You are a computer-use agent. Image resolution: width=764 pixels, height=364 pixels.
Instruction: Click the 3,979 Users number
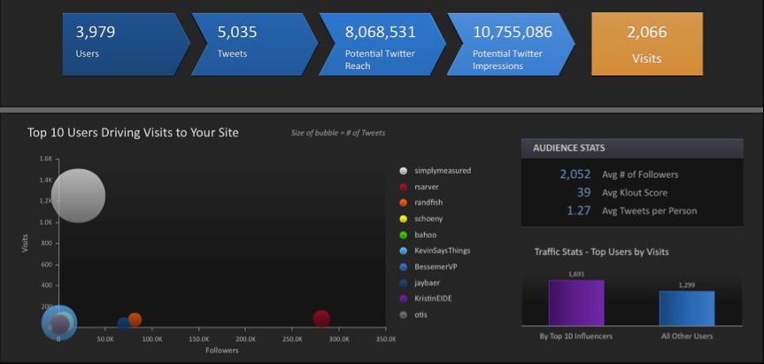pyautogui.click(x=96, y=33)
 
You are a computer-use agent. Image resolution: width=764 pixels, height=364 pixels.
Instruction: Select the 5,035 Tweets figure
pyautogui.click(x=236, y=33)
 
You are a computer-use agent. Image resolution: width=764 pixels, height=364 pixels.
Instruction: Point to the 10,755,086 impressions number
pyautogui.click(x=512, y=33)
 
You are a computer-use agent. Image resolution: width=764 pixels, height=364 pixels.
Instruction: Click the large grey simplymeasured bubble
pyautogui.click(x=78, y=197)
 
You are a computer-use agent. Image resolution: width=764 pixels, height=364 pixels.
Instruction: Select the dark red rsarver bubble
pyautogui.click(x=321, y=319)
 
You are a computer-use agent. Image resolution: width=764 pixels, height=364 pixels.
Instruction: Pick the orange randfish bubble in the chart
pyautogui.click(x=135, y=320)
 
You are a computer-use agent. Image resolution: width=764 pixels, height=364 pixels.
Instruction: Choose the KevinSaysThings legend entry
pyautogui.click(x=447, y=251)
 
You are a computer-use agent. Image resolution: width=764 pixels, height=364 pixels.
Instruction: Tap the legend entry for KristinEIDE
pyautogui.click(x=434, y=298)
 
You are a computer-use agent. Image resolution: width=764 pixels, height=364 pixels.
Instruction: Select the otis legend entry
pyautogui.click(x=421, y=314)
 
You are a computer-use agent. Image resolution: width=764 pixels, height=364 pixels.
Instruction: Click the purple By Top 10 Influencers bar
pyautogui.click(x=575, y=302)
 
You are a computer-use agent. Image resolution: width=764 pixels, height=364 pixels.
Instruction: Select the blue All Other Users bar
pyautogui.click(x=686, y=307)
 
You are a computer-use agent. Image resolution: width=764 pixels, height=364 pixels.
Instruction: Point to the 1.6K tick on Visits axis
pyautogui.click(x=45, y=159)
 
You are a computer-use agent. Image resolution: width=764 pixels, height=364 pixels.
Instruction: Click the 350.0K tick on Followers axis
pyautogui.click(x=386, y=339)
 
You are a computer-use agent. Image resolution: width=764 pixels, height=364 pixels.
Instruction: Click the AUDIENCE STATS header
pyautogui.click(x=568, y=148)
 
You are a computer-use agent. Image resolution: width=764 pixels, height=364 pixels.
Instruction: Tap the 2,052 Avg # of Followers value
pyautogui.click(x=575, y=174)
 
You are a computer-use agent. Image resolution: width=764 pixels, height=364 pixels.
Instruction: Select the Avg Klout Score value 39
pyautogui.click(x=583, y=192)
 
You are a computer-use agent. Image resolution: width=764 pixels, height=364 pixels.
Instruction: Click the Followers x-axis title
pyautogui.click(x=221, y=351)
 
